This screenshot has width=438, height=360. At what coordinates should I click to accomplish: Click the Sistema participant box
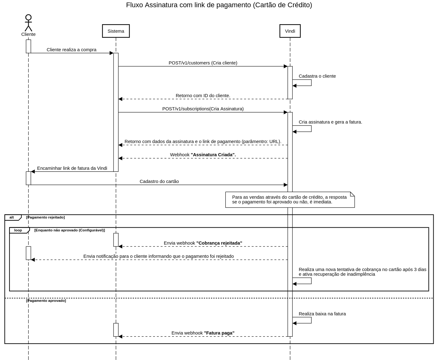coord(116,31)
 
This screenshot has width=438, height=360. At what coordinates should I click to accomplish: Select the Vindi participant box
coord(290,31)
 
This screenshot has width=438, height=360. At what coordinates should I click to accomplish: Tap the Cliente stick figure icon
coord(28,23)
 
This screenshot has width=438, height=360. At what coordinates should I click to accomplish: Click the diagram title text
coord(219,5)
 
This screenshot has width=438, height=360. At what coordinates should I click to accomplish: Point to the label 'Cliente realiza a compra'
coord(71,50)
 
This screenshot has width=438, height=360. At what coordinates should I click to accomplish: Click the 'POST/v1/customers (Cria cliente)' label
coord(203,63)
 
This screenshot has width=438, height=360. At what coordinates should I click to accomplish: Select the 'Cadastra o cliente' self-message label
coord(317,76)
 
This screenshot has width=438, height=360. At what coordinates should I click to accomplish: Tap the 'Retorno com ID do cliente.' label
coord(203,96)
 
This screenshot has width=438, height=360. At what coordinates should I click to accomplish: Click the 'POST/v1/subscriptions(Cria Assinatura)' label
coord(203,109)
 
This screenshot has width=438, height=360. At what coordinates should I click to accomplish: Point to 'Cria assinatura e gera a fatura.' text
coord(330,122)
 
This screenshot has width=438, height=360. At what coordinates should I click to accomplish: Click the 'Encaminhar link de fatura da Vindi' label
coord(72,168)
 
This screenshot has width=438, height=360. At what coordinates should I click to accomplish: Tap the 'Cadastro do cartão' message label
coord(159,181)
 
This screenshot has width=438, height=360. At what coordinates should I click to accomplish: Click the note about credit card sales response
coord(290,200)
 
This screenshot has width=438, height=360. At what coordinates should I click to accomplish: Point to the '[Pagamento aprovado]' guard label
coord(46,301)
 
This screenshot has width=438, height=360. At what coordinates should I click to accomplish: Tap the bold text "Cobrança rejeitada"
coord(219,243)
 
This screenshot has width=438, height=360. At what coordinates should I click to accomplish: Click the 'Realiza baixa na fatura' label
coord(322,314)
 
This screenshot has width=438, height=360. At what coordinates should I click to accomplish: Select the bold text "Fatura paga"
coord(219,333)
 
